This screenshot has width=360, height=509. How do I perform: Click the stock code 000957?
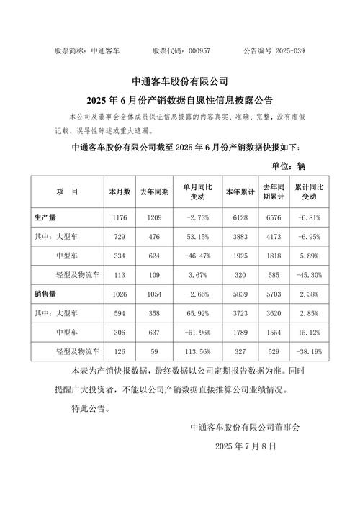coord(199,51)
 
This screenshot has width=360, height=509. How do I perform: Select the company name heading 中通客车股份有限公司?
coord(180,81)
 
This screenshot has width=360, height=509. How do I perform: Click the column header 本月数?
coord(119,192)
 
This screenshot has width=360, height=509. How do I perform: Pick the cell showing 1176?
coord(119,217)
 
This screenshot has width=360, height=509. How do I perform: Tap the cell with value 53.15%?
coord(196,236)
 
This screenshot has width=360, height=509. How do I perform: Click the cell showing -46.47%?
coord(196,256)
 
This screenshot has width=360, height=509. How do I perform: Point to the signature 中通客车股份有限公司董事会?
coord(245,427)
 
